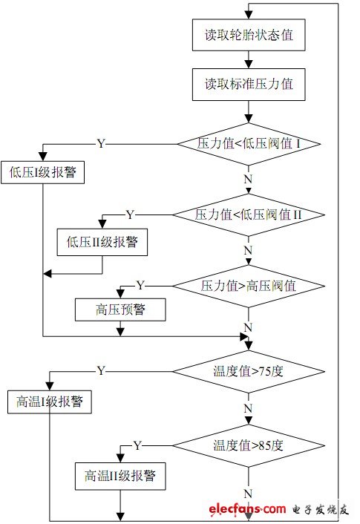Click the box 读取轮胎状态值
[x=248, y=36]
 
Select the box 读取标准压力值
[x=248, y=84]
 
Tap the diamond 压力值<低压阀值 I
[x=248, y=143]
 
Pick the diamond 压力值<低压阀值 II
[x=248, y=215]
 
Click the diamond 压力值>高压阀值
[x=248, y=286]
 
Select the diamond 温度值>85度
[x=248, y=446]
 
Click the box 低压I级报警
[x=43, y=173]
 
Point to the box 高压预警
[x=119, y=310]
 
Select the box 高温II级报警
[x=119, y=475]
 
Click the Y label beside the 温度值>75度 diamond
[x=101, y=370]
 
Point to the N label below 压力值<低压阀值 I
[x=248, y=180]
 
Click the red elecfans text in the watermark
[x=247, y=510]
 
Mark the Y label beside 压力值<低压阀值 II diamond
[x=130, y=214]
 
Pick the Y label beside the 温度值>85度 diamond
[x=137, y=445]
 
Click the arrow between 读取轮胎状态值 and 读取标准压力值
[x=248, y=60]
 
